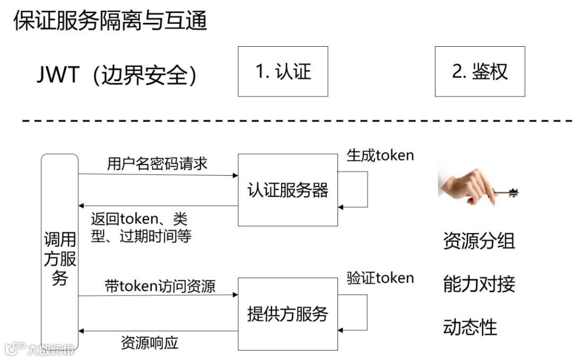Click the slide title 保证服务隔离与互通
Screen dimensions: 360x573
(x=110, y=21)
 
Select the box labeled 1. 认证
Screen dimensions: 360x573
(x=283, y=72)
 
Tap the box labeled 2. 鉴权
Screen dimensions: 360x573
(x=480, y=72)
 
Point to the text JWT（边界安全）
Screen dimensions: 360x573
(x=117, y=75)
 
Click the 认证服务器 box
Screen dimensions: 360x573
(x=288, y=190)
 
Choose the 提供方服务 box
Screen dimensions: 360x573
(x=288, y=314)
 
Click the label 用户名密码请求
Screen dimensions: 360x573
(x=157, y=164)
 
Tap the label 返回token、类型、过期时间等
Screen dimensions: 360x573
(x=141, y=227)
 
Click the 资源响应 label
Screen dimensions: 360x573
(x=150, y=342)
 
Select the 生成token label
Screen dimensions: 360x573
(x=380, y=155)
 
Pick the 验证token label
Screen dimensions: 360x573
(x=380, y=278)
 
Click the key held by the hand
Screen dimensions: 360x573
(x=507, y=192)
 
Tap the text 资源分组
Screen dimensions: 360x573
(x=479, y=242)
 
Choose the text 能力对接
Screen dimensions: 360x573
(x=479, y=285)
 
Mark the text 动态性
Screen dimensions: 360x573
(x=470, y=328)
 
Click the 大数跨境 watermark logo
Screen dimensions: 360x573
(x=40, y=349)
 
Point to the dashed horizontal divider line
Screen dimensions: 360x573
(x=297, y=121)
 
